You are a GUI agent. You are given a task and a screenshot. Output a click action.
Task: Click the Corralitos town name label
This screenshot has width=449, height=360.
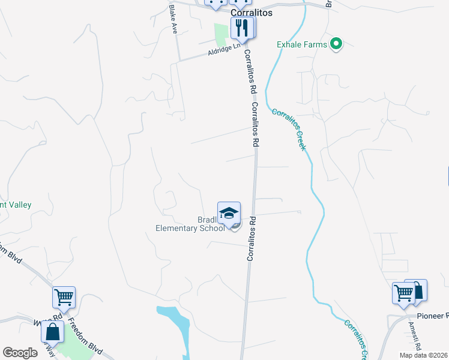(252, 12)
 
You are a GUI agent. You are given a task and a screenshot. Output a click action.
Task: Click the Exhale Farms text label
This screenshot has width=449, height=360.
(302, 44)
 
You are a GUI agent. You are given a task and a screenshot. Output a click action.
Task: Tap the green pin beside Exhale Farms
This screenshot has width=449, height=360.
(337, 44)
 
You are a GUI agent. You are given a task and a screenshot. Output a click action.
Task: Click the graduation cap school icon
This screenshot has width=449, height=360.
(228, 213)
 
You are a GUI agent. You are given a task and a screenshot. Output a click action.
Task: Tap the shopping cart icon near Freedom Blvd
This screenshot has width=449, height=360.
(64, 297)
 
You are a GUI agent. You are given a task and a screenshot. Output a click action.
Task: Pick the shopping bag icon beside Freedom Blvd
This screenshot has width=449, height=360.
(53, 332)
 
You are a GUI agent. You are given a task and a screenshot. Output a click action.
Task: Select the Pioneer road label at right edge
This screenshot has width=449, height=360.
(433, 316)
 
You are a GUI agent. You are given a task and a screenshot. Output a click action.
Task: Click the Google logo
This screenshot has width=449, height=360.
(20, 353)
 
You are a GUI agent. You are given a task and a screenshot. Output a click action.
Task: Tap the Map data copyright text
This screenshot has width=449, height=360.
(423, 355)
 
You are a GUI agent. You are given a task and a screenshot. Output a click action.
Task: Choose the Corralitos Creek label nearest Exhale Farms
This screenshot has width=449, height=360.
(289, 129)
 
